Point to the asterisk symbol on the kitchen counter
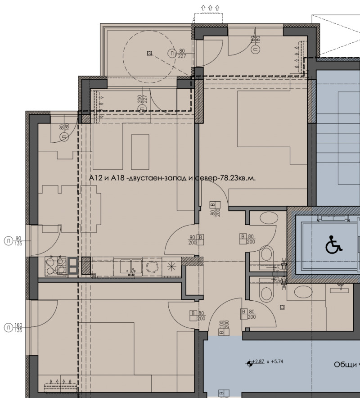click(x=171, y=266)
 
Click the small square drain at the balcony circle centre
click(x=149, y=53)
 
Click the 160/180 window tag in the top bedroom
click(x=255, y=44)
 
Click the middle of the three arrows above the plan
click(x=209, y=7)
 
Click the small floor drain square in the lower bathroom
click(x=282, y=307)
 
